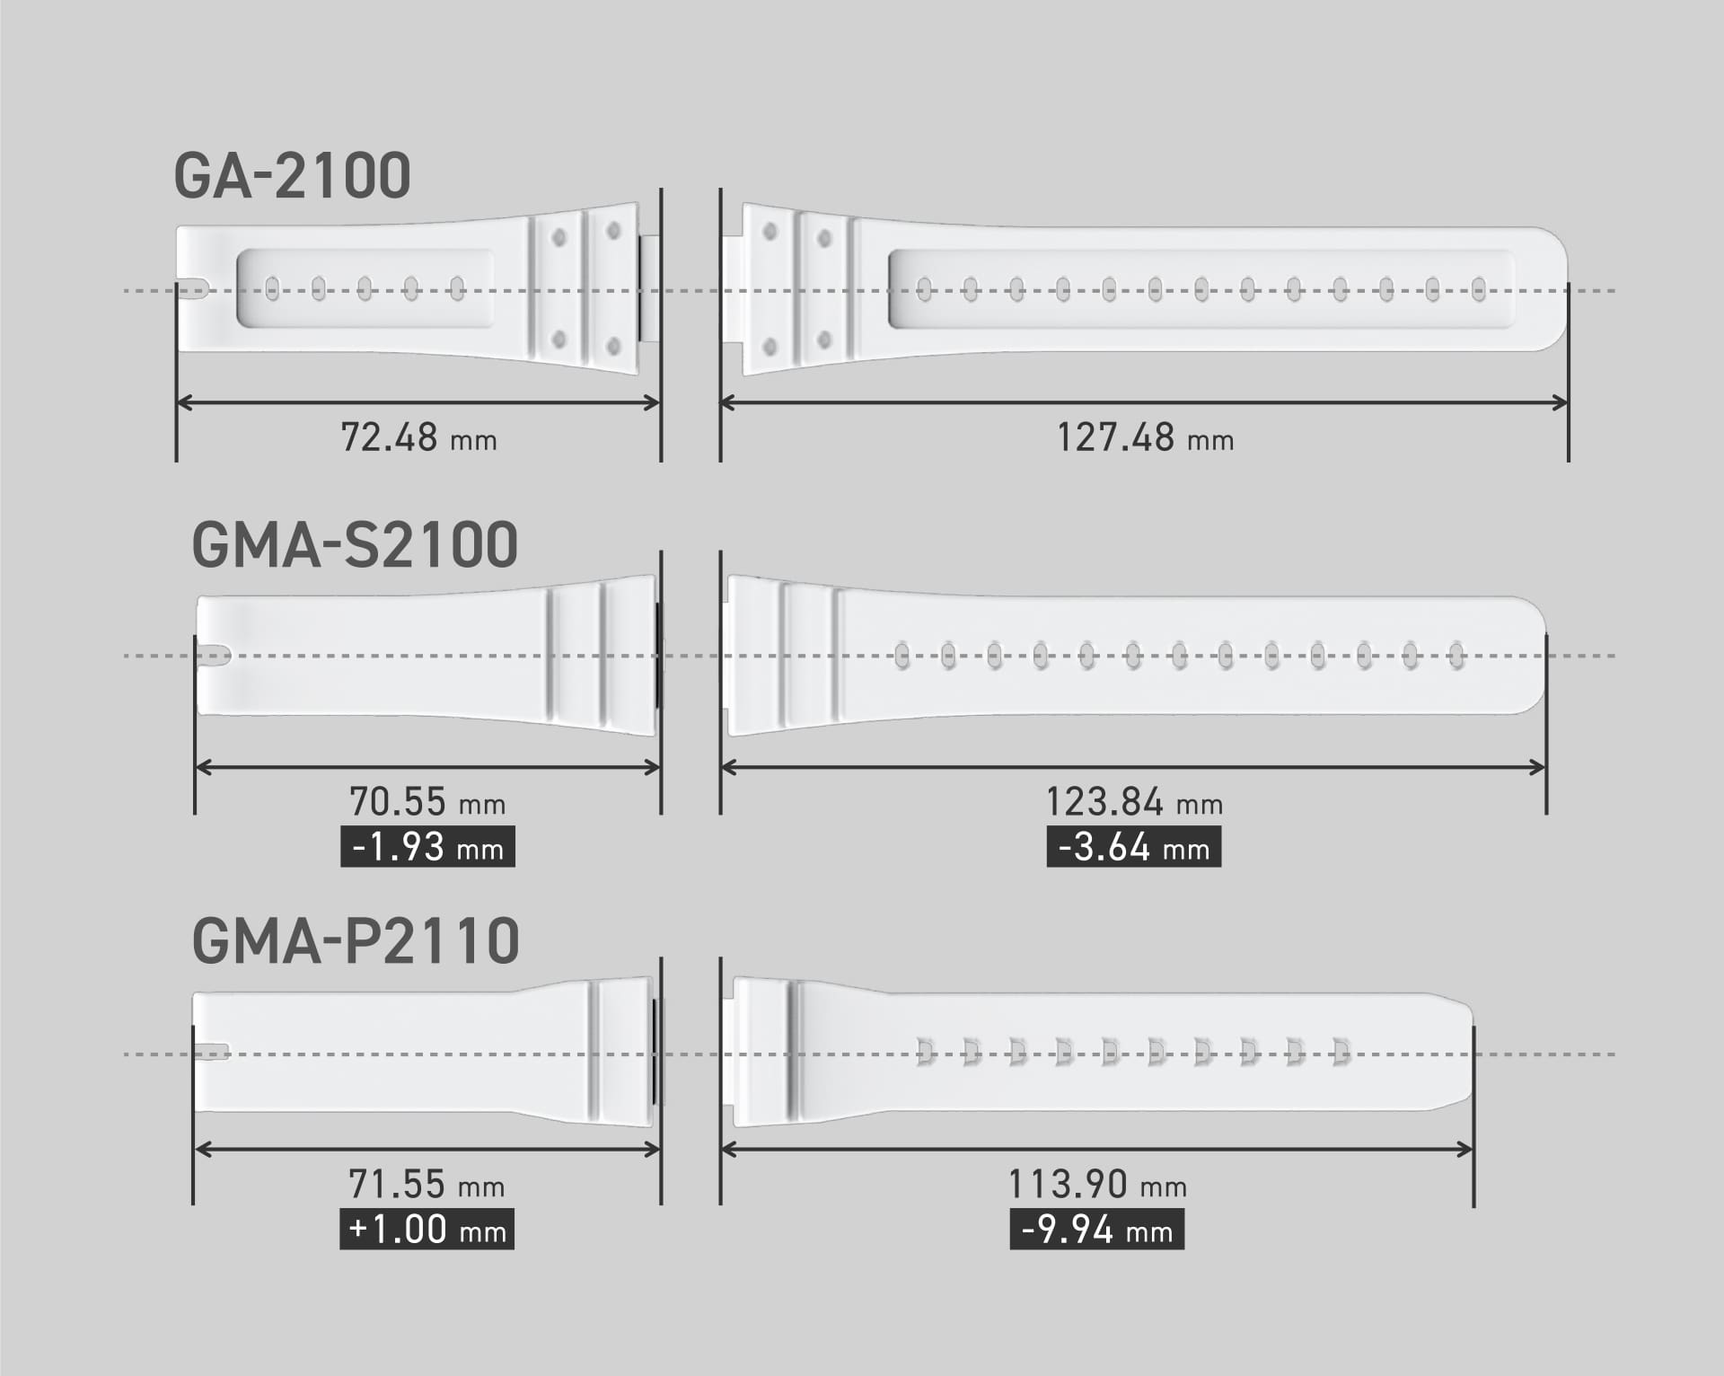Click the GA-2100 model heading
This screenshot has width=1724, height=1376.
[x=292, y=176]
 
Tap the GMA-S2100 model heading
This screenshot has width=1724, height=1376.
[x=355, y=545]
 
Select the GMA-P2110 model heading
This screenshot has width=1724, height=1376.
[x=356, y=941]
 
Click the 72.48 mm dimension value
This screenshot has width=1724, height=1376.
[x=418, y=438]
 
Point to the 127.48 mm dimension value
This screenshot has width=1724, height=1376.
[x=1145, y=438]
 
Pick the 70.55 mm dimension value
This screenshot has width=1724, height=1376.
[x=427, y=801]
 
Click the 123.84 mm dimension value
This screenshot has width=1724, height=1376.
[x=1134, y=802]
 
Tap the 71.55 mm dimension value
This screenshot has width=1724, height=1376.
[x=427, y=1185]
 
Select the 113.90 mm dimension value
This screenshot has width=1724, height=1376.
[x=1097, y=1185]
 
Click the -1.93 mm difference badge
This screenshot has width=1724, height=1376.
[x=427, y=847]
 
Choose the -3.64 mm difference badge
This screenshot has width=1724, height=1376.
[x=1133, y=847]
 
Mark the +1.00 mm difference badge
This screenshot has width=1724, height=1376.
[x=427, y=1230]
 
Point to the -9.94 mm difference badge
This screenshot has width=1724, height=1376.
[x=1096, y=1230]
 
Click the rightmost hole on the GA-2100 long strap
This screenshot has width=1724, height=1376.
[x=1479, y=288]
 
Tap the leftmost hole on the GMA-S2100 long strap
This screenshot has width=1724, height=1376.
[x=902, y=656]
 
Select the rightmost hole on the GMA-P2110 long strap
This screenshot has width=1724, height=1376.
[x=1341, y=1052]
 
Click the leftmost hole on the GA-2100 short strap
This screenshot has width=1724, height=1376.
[x=272, y=288]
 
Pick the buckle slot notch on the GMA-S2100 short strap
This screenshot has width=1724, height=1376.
[x=214, y=656]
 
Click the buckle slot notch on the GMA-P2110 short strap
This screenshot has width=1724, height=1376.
[x=212, y=1052]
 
